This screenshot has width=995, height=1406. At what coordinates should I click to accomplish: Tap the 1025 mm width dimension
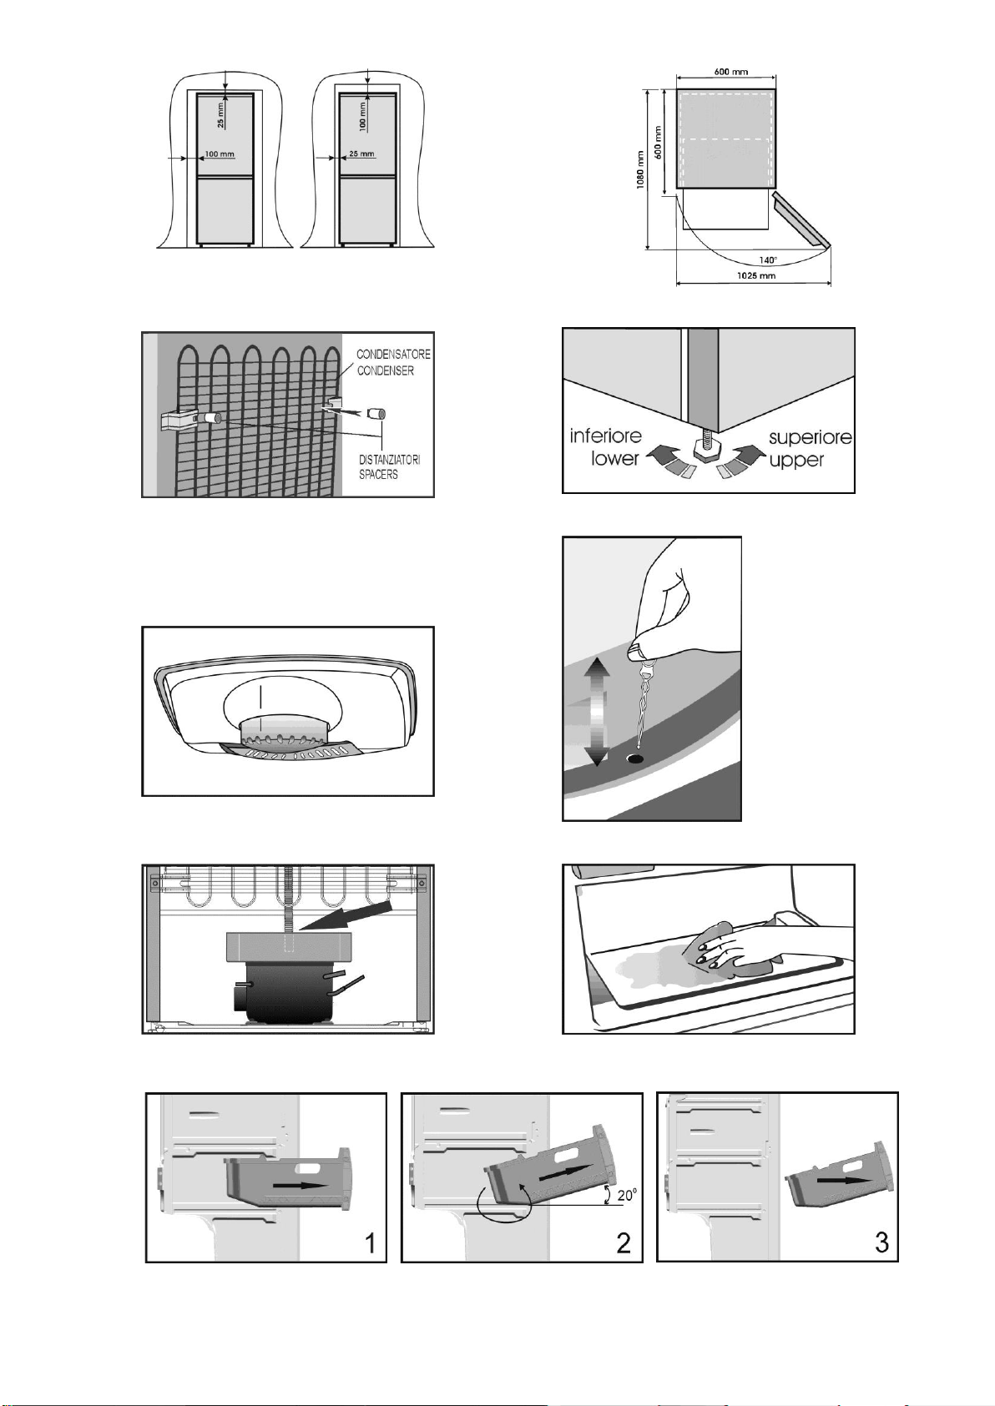(758, 275)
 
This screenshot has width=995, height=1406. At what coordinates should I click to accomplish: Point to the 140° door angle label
(767, 260)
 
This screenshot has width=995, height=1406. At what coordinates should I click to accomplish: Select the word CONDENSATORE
(394, 355)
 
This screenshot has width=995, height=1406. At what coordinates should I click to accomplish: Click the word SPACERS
(378, 475)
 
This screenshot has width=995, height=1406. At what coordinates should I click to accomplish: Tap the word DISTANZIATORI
(389, 460)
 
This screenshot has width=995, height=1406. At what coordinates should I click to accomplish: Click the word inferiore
(606, 436)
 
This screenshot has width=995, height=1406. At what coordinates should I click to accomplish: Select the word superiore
(811, 437)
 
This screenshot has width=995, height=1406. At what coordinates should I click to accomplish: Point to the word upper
(796, 461)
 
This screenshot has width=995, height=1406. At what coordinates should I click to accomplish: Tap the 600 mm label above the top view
(731, 72)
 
